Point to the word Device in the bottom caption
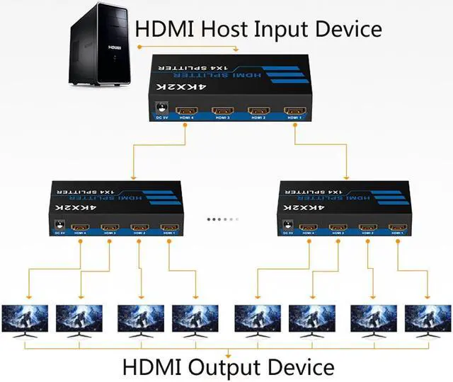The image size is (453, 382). (x=300, y=368)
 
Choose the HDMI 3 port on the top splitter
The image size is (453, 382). (x=223, y=111)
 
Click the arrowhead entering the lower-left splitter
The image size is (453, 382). (x=132, y=178)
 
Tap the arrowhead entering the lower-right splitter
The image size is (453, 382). (x=347, y=178)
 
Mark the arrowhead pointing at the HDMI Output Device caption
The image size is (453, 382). (x=227, y=355)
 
